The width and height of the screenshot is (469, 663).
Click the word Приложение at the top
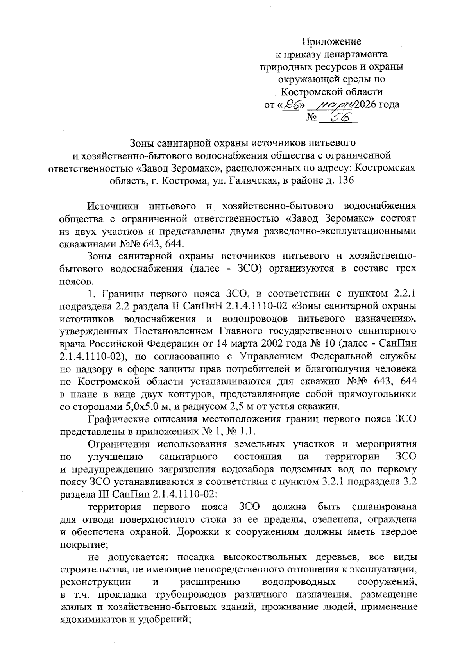coord(332,41)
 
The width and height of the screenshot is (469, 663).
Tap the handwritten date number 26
coord(290,104)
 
